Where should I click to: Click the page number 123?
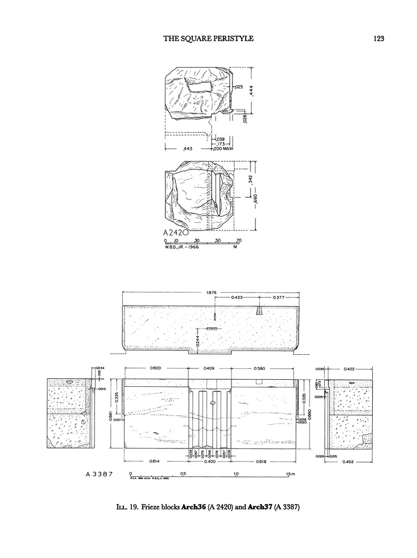pos(379,38)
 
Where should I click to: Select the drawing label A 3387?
pos(99,474)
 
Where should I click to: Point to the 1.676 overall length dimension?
pos(212,293)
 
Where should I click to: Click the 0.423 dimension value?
pos(237,298)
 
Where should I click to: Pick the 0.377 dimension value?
pos(279,298)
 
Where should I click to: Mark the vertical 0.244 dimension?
pos(197,342)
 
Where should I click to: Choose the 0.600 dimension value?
pos(156,369)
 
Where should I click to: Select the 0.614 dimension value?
pos(156,462)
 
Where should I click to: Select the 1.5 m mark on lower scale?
pos(290,474)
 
